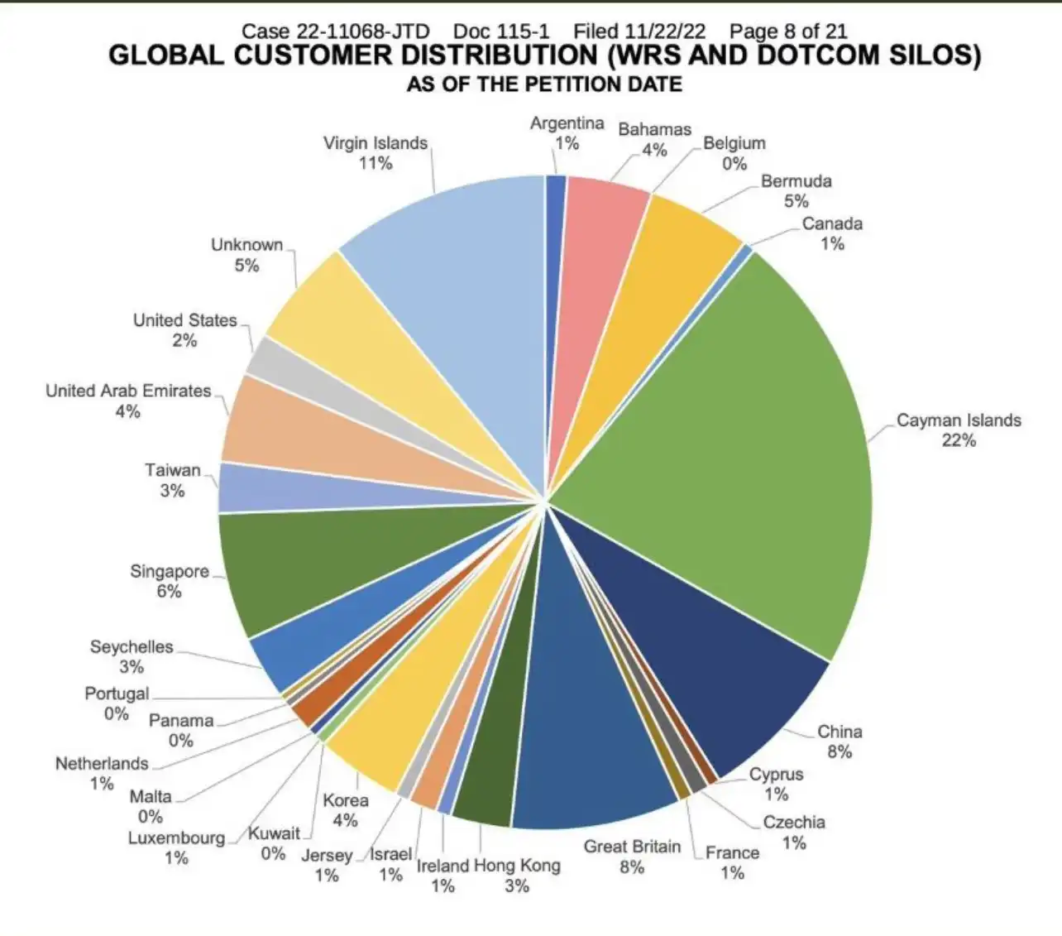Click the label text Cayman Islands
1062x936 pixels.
click(959, 420)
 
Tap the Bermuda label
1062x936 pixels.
click(796, 181)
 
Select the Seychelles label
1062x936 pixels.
click(132, 647)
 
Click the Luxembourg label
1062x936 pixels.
click(176, 838)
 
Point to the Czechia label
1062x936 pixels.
click(793, 823)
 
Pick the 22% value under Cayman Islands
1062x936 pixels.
click(959, 440)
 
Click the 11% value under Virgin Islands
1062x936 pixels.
click(375, 163)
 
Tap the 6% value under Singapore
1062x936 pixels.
click(169, 592)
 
